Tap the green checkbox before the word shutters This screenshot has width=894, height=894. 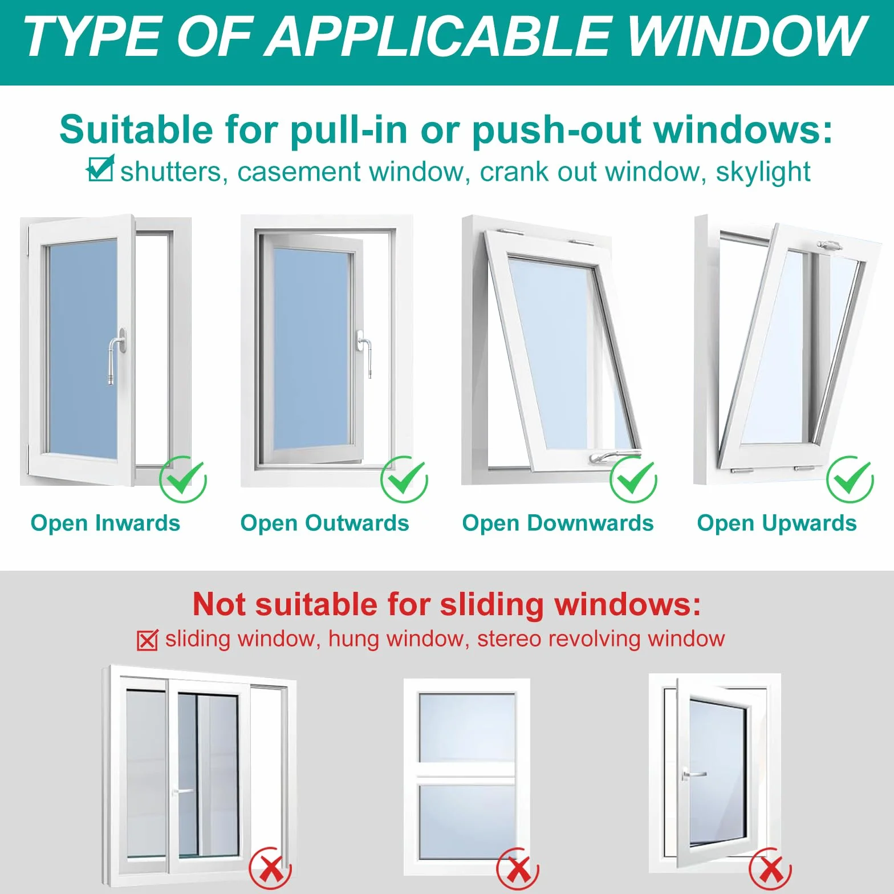coord(101,169)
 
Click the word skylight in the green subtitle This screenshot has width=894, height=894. coord(763,172)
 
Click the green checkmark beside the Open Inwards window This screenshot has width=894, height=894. coord(183,479)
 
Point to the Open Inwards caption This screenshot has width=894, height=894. coord(105,523)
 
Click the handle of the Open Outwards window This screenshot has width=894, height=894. coord(364,353)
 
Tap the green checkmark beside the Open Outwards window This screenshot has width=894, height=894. coord(404,479)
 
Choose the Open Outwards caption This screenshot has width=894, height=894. coord(325,523)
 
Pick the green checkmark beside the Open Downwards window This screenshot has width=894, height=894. coord(633,479)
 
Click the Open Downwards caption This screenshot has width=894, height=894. coord(558,523)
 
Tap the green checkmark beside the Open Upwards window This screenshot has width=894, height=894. coord(850,479)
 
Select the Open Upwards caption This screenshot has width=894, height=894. coord(777,523)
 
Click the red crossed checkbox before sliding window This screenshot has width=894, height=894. coord(148,640)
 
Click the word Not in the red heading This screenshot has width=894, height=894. coord(221,604)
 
